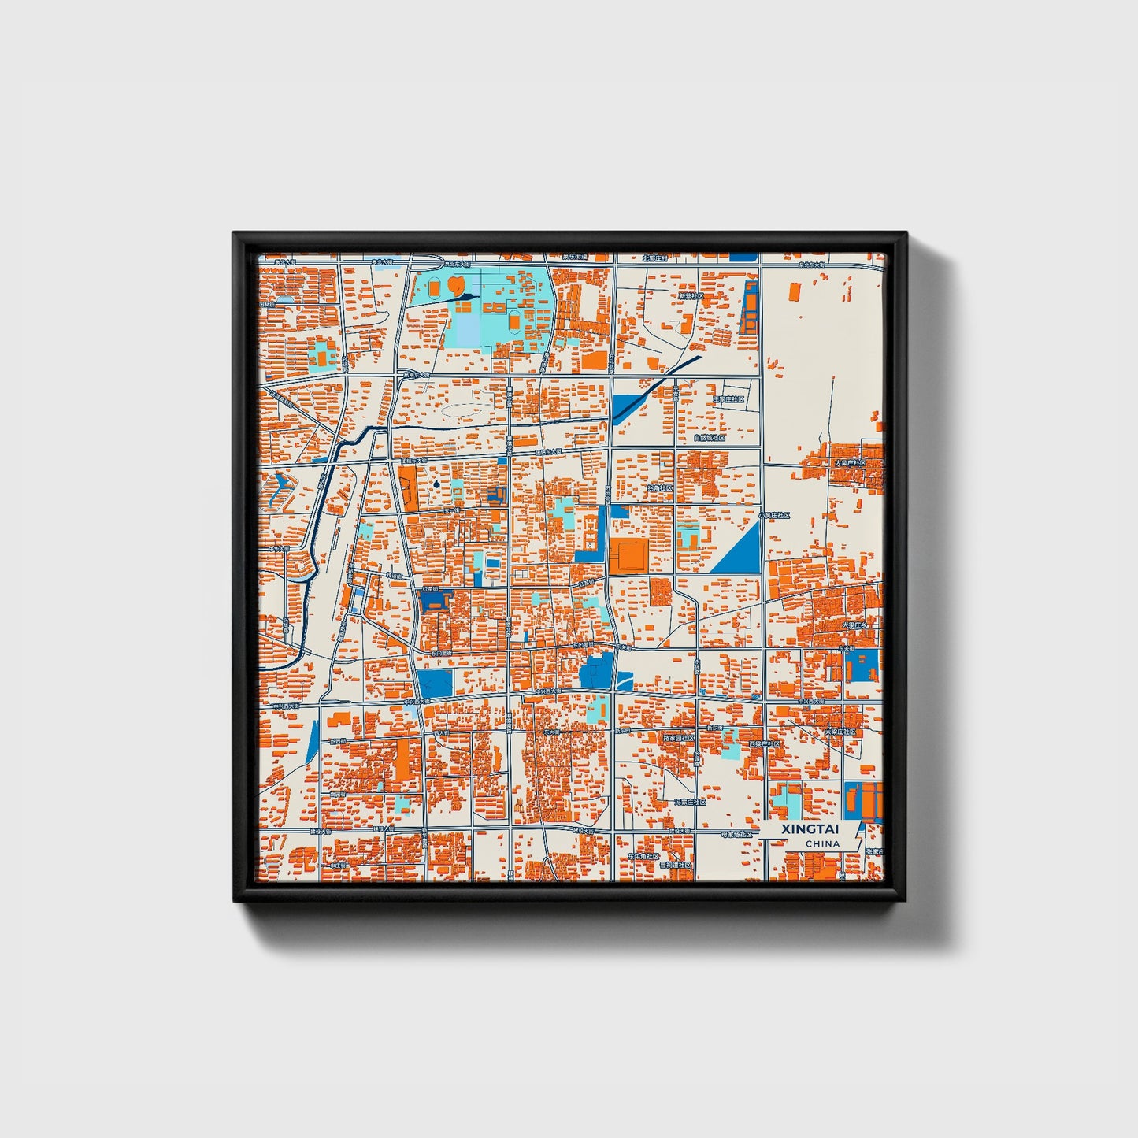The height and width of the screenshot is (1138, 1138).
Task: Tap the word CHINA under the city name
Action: (822, 843)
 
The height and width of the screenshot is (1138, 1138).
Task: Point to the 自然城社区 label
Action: (709, 437)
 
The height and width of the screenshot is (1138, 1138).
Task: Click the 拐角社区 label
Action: (661, 488)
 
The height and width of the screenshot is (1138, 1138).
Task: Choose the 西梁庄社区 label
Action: (764, 743)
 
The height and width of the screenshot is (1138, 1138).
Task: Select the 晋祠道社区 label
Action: (676, 865)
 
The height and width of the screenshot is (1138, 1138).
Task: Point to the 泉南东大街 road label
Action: (414, 376)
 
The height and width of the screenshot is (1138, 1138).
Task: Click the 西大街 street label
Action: (441, 733)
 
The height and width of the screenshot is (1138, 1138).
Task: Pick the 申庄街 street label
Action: (339, 866)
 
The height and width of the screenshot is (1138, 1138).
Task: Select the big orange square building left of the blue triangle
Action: (628, 556)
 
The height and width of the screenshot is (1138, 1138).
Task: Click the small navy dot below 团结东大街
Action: (436, 484)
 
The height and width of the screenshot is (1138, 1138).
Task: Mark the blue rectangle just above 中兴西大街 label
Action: (435, 682)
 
